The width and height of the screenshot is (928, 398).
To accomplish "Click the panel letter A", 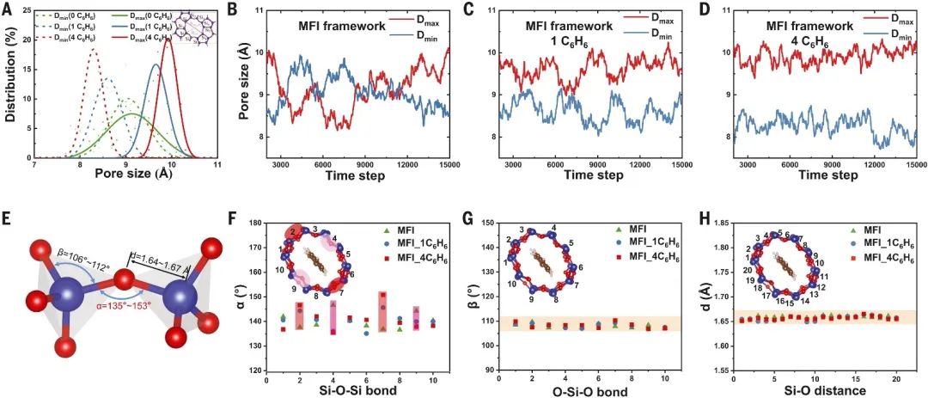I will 9,11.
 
